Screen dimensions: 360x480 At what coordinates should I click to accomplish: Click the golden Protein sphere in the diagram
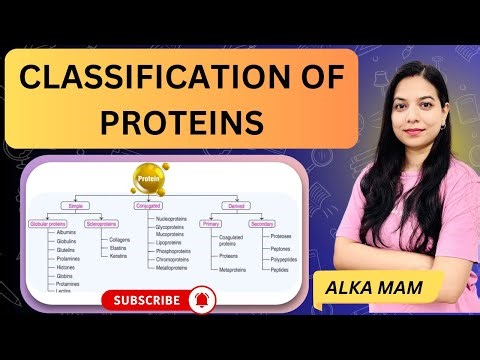pyautogui.click(x=147, y=181)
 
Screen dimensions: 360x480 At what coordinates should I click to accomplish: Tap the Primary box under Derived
pyautogui.click(x=209, y=223)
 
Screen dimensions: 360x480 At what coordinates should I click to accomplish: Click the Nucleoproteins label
pyautogui.click(x=173, y=216)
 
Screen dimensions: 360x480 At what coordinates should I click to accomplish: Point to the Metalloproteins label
pyautogui.click(x=172, y=268)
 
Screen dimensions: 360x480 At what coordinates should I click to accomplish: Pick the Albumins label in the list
pyautogui.click(x=67, y=231)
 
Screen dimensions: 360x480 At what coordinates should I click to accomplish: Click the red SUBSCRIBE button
pyautogui.click(x=147, y=299)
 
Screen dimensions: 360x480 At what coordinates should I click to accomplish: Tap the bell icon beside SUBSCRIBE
pyautogui.click(x=205, y=298)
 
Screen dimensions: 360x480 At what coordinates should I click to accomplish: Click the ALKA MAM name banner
pyautogui.click(x=379, y=286)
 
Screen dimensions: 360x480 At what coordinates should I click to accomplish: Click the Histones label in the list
pyautogui.click(x=66, y=267)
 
